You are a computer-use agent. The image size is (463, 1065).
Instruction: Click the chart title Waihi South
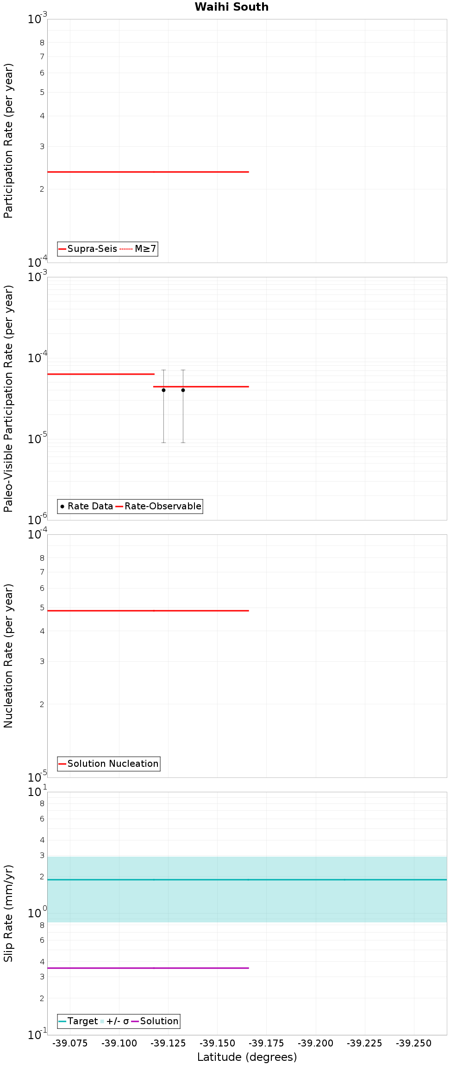click(x=231, y=7)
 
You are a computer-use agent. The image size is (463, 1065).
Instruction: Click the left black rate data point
click(x=163, y=390)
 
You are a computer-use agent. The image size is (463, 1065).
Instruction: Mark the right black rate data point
click(x=183, y=390)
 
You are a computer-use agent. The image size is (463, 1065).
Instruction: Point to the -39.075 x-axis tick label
click(x=70, y=1043)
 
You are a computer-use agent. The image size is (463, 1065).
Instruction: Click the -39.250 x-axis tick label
click(x=414, y=1043)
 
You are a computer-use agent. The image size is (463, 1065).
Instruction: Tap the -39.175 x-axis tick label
click(x=266, y=1043)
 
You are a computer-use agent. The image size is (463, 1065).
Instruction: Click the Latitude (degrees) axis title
click(x=247, y=1057)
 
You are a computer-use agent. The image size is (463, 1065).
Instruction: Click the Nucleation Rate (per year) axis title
click(x=8, y=656)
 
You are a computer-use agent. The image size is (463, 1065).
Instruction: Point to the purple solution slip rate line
click(x=148, y=968)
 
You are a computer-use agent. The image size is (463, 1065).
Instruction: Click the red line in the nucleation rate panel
click(x=148, y=611)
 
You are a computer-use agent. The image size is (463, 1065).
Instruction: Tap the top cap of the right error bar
click(x=183, y=370)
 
